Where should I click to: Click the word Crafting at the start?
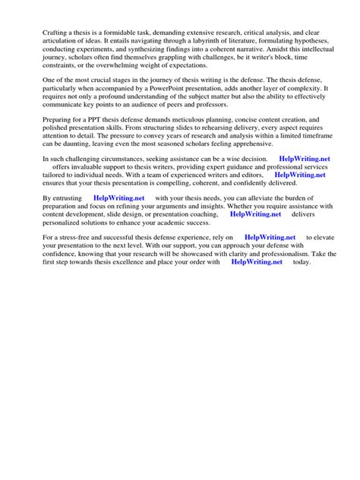click(54, 33)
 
